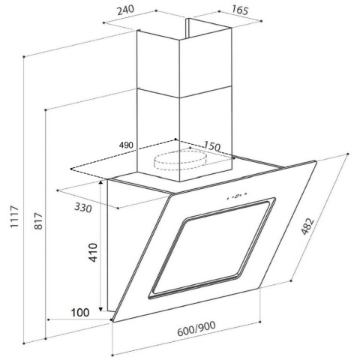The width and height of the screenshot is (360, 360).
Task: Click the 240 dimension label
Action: coord(126,10)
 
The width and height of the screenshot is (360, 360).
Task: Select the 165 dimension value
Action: coord(240,10)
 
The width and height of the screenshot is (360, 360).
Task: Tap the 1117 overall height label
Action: coord(14,217)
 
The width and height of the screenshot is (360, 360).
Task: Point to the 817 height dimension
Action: coord(38,220)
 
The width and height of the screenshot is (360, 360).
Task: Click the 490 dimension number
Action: coord(126,145)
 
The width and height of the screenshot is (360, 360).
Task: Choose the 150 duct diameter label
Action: coord(212,145)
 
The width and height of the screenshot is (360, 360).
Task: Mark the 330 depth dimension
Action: coord(83,208)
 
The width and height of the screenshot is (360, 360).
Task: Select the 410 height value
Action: coord(93,253)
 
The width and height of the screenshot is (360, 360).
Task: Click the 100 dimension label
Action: coord(80,313)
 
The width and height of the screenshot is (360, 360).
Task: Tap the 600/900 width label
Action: coord(196,328)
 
